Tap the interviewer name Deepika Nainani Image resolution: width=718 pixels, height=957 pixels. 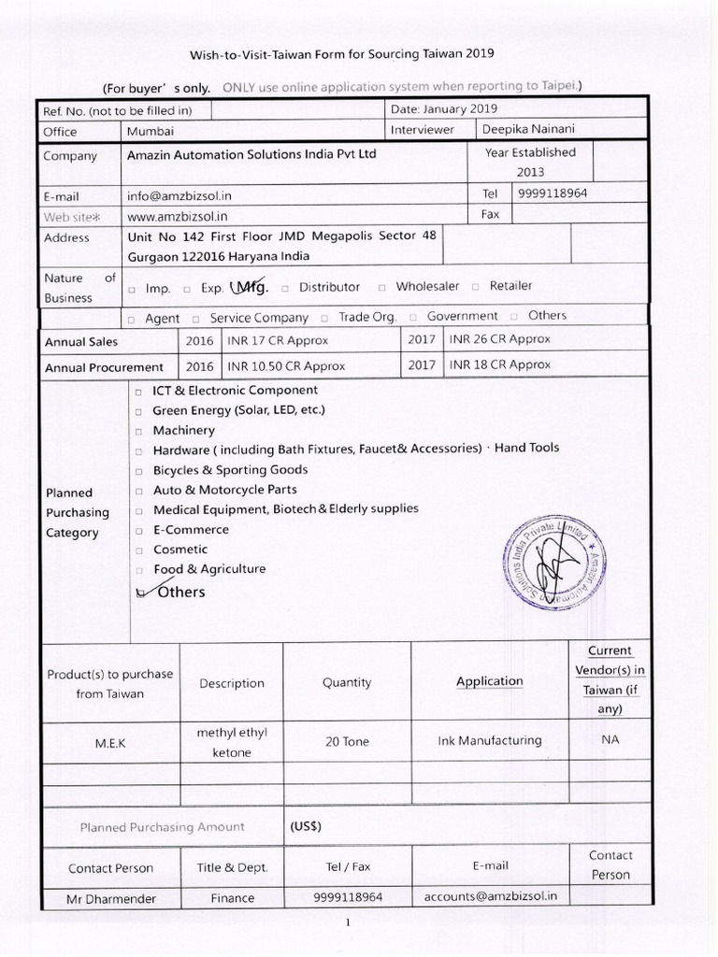pyautogui.click(x=528, y=130)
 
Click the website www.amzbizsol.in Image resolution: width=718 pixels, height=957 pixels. pyautogui.click(x=177, y=215)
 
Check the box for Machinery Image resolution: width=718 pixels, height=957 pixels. pyautogui.click(x=139, y=432)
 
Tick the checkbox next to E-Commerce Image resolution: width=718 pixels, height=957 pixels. pyautogui.click(x=139, y=531)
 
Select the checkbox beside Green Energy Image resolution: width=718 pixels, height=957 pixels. pyautogui.click(x=139, y=411)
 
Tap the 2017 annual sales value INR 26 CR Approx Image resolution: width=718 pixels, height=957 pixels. pyautogui.click(x=499, y=339)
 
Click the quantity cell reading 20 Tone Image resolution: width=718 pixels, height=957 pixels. pyautogui.click(x=347, y=741)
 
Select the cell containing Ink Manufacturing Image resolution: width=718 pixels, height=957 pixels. pyautogui.click(x=489, y=740)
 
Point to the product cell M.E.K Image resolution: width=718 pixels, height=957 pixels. pyautogui.click(x=109, y=742)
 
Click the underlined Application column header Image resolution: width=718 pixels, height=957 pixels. pyautogui.click(x=489, y=681)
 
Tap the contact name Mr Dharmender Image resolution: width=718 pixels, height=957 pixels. pyautogui.click(x=110, y=898)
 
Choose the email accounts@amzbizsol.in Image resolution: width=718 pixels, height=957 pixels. pyautogui.click(x=490, y=895)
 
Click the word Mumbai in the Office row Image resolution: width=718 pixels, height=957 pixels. pyautogui.click(x=150, y=132)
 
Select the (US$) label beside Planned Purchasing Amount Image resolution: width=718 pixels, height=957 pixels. pyautogui.click(x=306, y=826)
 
